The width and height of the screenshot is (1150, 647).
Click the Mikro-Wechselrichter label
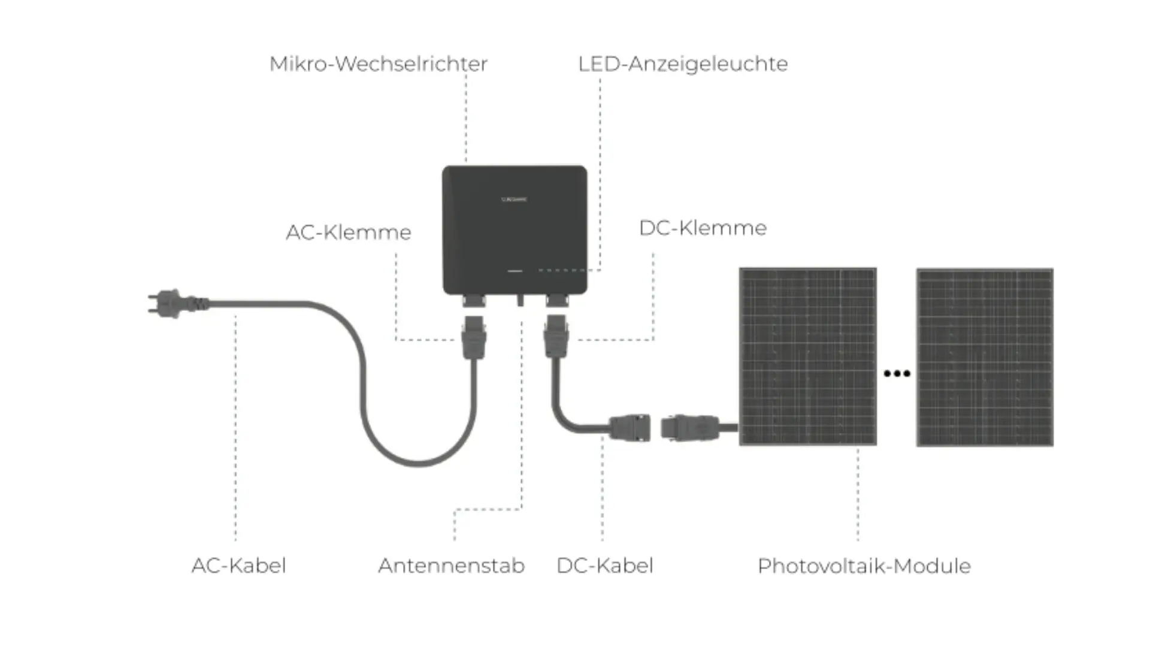379,64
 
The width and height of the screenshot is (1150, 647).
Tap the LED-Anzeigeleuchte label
683,64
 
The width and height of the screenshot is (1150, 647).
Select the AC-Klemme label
349,232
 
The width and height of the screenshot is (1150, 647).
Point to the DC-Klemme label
703,228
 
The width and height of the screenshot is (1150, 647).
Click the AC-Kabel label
238,566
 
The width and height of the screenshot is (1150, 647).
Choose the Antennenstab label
451,566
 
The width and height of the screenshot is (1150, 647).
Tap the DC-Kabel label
604,566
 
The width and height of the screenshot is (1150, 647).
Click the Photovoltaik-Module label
864,566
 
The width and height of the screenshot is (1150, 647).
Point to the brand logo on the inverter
514,199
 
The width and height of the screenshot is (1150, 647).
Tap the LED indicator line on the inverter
515,271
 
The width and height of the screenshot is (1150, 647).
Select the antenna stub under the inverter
520,300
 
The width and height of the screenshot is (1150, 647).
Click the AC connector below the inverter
474,338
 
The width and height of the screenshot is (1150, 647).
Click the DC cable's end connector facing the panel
631,428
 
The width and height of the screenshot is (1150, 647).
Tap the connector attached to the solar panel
689,428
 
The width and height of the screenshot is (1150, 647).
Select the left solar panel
807,357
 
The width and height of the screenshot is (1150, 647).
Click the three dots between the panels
897,373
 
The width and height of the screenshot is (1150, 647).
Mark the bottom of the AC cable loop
419,462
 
